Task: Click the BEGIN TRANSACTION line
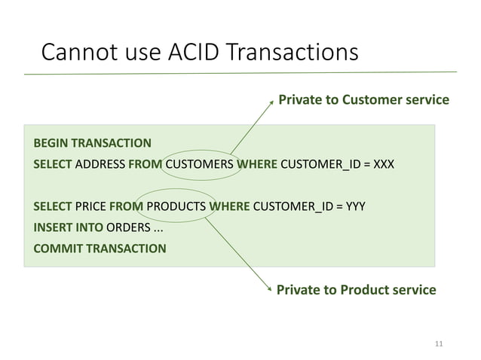tap(92, 142)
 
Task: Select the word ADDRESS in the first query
tap(101, 163)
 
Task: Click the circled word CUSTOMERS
tap(199, 163)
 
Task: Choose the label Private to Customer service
tap(363, 99)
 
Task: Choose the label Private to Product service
tap(357, 289)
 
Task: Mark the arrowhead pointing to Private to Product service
tap(270, 288)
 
